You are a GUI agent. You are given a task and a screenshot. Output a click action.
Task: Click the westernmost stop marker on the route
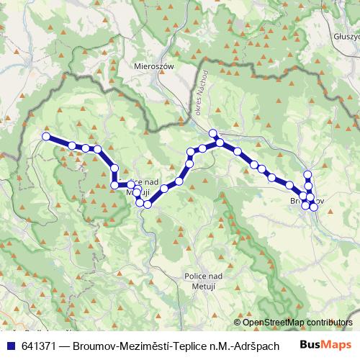coord(46,136)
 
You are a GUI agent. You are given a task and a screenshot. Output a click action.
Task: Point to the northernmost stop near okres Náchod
coord(213,133)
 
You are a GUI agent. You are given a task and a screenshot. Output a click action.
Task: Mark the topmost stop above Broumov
coord(308,174)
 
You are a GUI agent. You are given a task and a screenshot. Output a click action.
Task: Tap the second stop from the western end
coord(72,146)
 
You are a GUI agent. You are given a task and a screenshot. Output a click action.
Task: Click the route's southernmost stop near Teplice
coord(147,204)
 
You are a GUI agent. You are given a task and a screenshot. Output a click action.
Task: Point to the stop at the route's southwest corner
coord(114,185)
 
